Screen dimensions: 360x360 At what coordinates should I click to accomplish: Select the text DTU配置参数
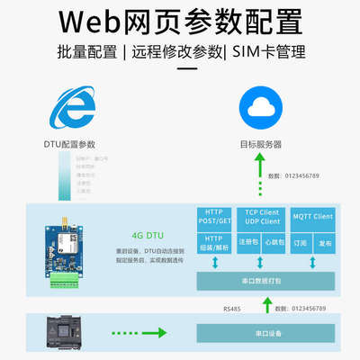pos(70,144)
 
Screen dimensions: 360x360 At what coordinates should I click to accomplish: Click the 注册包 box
pos(249,242)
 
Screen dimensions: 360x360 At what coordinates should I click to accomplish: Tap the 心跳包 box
pos(276,242)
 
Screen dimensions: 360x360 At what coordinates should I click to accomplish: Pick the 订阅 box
pos(300,242)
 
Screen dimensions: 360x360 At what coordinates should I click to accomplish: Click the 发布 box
pos(325,242)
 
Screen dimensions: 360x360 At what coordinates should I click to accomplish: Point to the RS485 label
pos(232,308)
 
